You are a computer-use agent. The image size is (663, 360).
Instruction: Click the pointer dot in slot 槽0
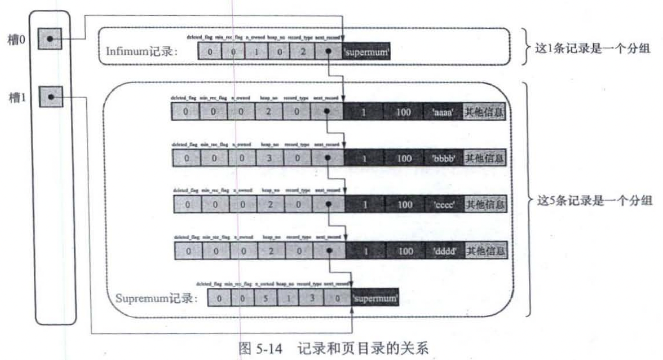point(50,39)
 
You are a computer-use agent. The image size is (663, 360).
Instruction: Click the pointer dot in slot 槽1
point(51,97)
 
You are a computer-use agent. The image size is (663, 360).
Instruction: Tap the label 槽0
point(16,40)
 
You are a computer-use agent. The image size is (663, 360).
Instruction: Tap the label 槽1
point(17,98)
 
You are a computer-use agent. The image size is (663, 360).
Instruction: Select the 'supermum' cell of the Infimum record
point(366,52)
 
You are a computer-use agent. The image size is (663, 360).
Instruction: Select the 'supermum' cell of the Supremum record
point(375,298)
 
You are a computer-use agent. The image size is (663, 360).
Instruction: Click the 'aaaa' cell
point(443,112)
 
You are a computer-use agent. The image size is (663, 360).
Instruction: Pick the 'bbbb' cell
point(444,158)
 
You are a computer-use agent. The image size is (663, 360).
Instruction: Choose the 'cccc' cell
point(444,205)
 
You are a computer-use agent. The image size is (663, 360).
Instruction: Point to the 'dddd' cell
point(445,251)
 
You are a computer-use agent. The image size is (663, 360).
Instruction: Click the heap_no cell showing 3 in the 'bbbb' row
point(269,158)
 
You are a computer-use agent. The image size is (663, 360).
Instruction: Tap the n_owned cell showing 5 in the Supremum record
point(266,298)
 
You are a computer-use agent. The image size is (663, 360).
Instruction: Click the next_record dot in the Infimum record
point(328,51)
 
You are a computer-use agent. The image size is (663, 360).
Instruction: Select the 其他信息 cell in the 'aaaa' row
point(484,112)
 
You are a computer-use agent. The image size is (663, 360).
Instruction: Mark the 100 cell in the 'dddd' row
point(405,251)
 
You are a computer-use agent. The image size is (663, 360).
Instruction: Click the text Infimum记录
point(141,52)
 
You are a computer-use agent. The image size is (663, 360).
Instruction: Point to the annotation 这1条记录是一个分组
point(592,48)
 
